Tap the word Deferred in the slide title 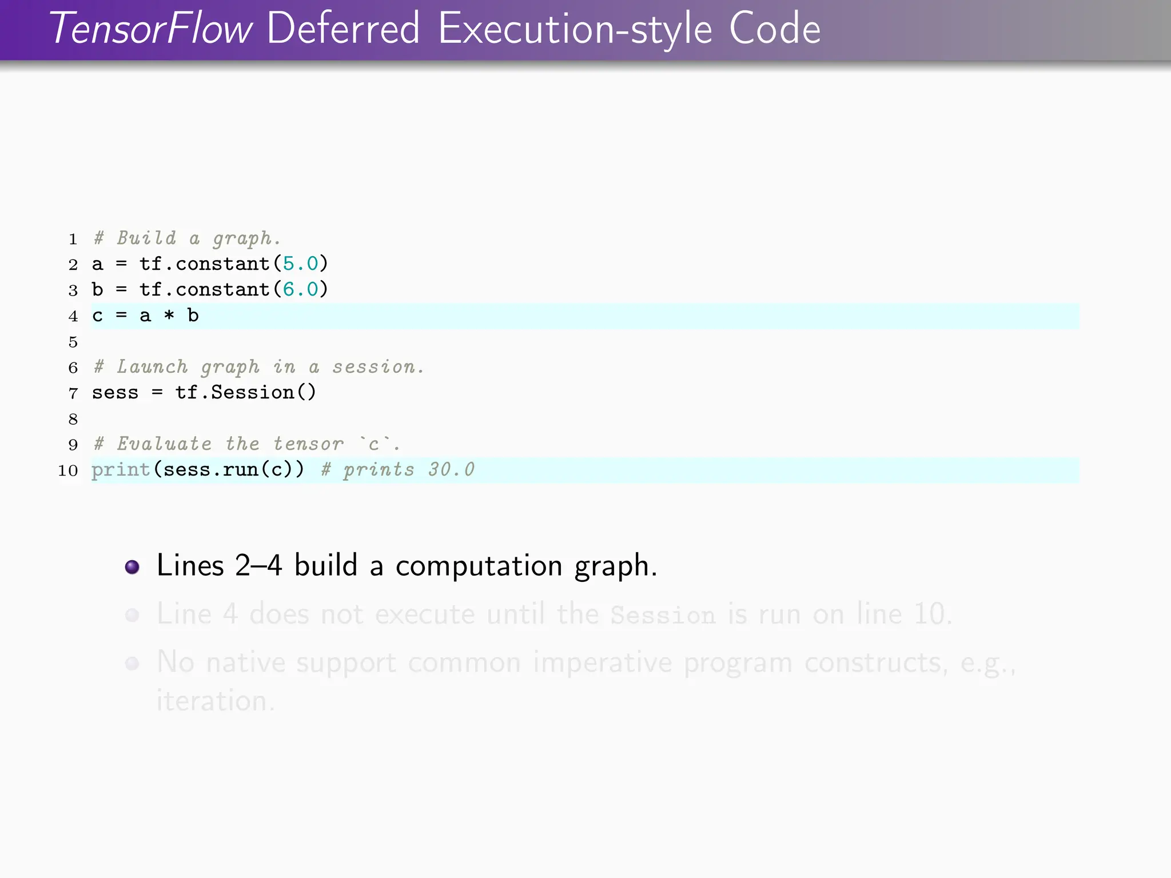pos(343,29)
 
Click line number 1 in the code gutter pos(73,239)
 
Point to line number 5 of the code pos(73,342)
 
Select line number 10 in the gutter pos(68,470)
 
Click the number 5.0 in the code pos(300,264)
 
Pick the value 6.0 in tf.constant pos(300,289)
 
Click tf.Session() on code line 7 pos(245,393)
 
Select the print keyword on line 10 pos(121,470)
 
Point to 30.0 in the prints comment pos(452,470)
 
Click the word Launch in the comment pos(152,367)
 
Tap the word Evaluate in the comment pos(164,444)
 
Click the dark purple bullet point pos(132,566)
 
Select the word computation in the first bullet pos(479,566)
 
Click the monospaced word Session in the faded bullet pos(663,615)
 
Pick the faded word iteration pos(215,701)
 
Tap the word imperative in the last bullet pos(602,663)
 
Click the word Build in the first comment pos(146,238)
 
